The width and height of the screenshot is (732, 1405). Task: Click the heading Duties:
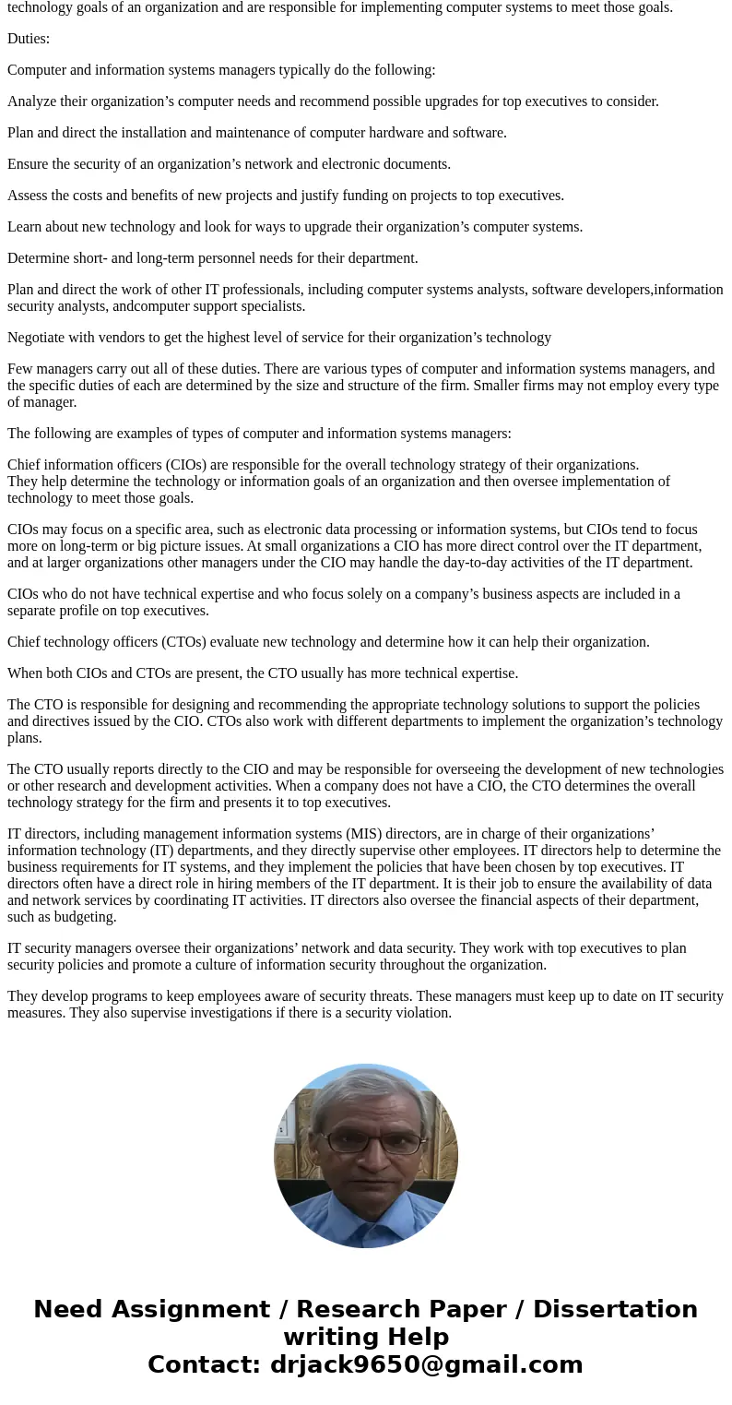pos(29,39)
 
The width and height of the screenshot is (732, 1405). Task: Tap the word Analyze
pos(33,101)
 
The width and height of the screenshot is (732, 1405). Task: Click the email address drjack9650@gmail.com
pos(426,1364)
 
